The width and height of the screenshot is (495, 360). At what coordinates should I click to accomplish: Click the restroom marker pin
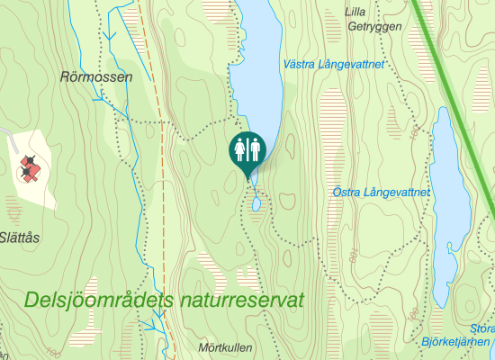click(247, 151)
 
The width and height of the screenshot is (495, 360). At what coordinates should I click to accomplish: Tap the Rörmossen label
click(96, 77)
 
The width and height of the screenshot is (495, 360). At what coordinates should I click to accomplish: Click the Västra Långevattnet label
click(334, 65)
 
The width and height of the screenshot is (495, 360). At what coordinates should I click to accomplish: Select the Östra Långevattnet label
click(382, 192)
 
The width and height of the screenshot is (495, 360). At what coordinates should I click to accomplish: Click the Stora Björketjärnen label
click(459, 335)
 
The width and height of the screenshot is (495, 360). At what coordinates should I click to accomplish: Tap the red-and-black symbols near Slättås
click(31, 167)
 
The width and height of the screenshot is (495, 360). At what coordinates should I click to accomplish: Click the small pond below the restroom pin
click(256, 204)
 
